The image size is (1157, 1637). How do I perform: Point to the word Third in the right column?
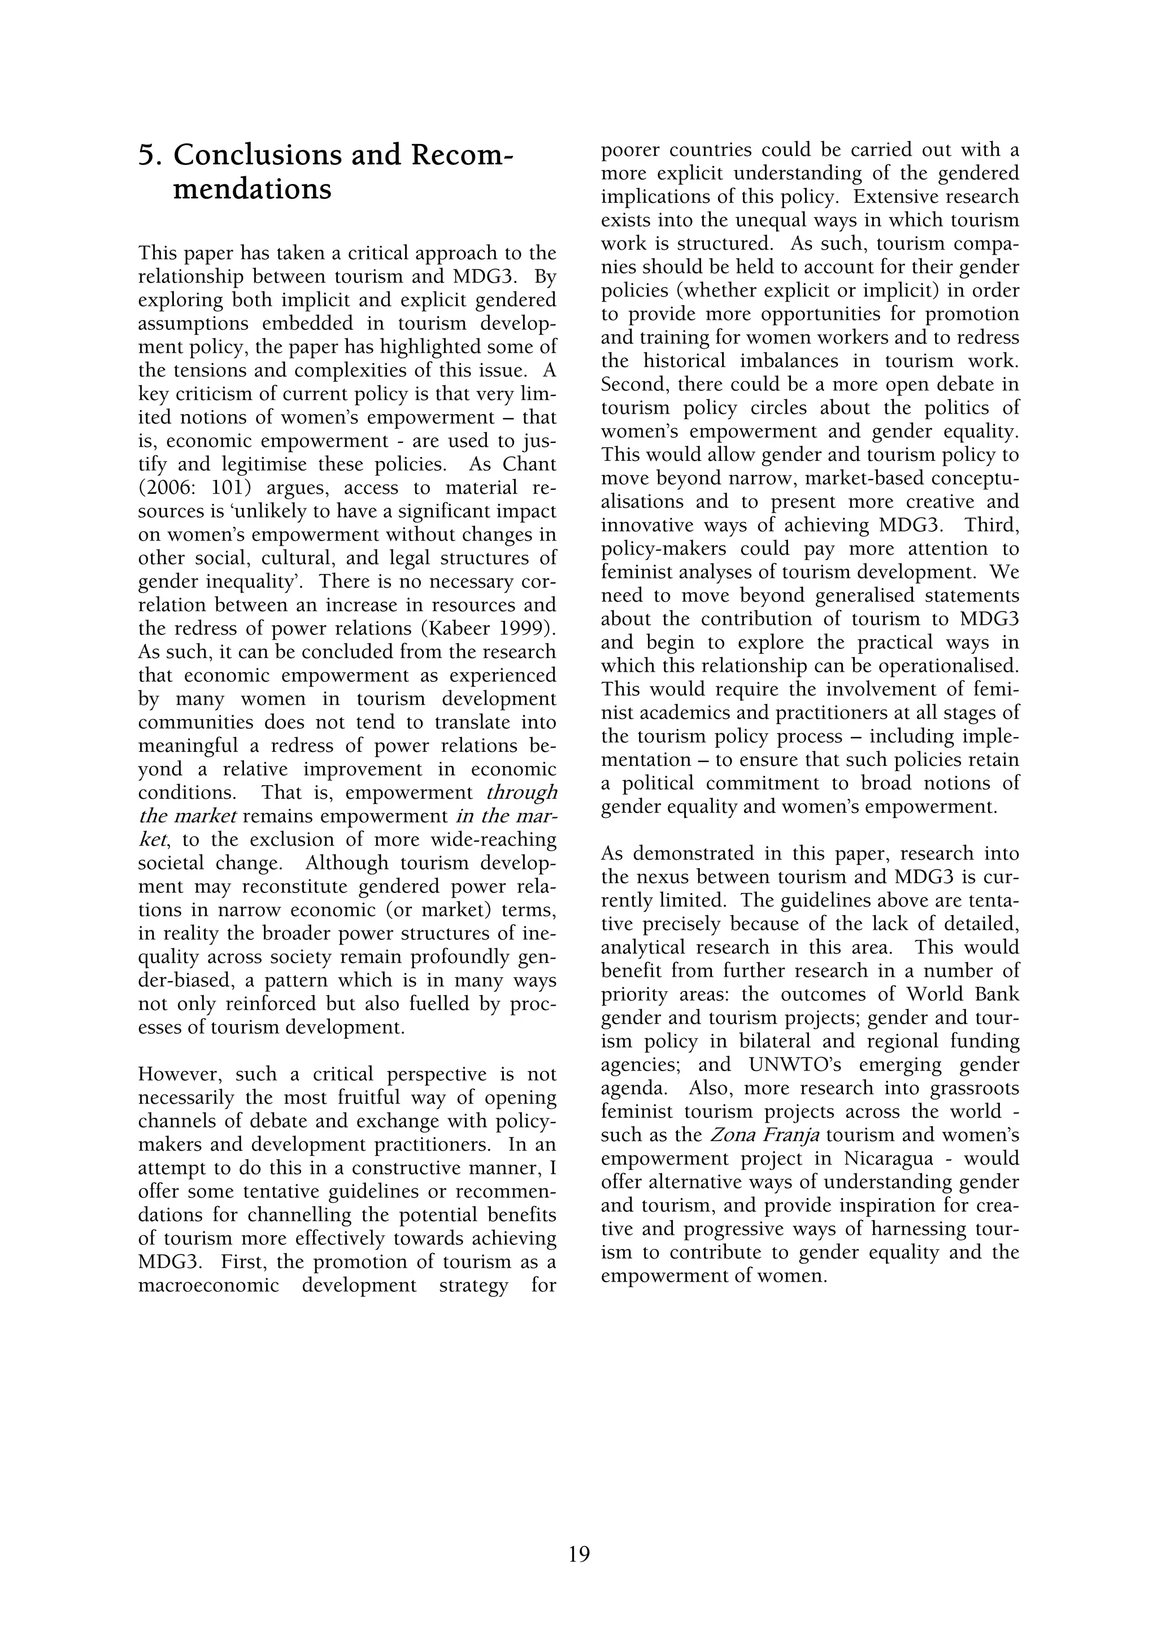coord(993,525)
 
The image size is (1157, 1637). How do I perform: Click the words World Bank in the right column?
coord(963,994)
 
